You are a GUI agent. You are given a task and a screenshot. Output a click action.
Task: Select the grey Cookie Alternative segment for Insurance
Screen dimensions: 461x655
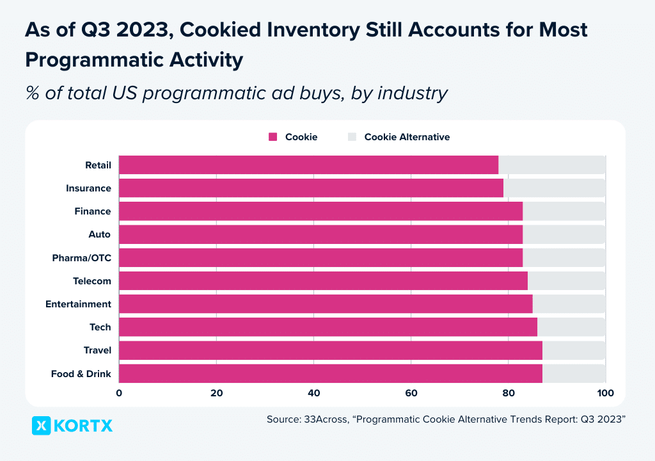554,188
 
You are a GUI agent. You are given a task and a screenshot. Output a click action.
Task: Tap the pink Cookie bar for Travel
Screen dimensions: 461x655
330,350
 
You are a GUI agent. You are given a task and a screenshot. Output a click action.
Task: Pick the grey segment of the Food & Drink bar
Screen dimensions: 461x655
573,373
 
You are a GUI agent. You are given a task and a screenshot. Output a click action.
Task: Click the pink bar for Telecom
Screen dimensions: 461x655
323,281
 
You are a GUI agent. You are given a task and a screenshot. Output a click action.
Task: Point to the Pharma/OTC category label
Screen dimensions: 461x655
81,258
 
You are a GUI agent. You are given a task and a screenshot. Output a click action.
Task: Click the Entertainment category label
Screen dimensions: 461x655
78,304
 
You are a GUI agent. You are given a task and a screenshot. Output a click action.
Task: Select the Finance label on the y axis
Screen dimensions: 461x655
92,211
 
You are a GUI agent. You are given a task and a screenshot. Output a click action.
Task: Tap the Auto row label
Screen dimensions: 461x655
99,234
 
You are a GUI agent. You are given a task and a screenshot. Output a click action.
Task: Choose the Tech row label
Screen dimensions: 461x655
100,327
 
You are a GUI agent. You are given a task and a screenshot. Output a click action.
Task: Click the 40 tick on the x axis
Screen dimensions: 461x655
313,393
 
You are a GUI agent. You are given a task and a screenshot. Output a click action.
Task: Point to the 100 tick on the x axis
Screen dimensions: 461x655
605,393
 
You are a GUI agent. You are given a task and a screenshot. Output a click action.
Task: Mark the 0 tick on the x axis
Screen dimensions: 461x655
119,393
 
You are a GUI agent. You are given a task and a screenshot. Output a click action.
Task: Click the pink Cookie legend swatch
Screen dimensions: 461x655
272,137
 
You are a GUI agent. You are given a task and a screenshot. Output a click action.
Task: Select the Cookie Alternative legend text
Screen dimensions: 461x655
407,137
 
